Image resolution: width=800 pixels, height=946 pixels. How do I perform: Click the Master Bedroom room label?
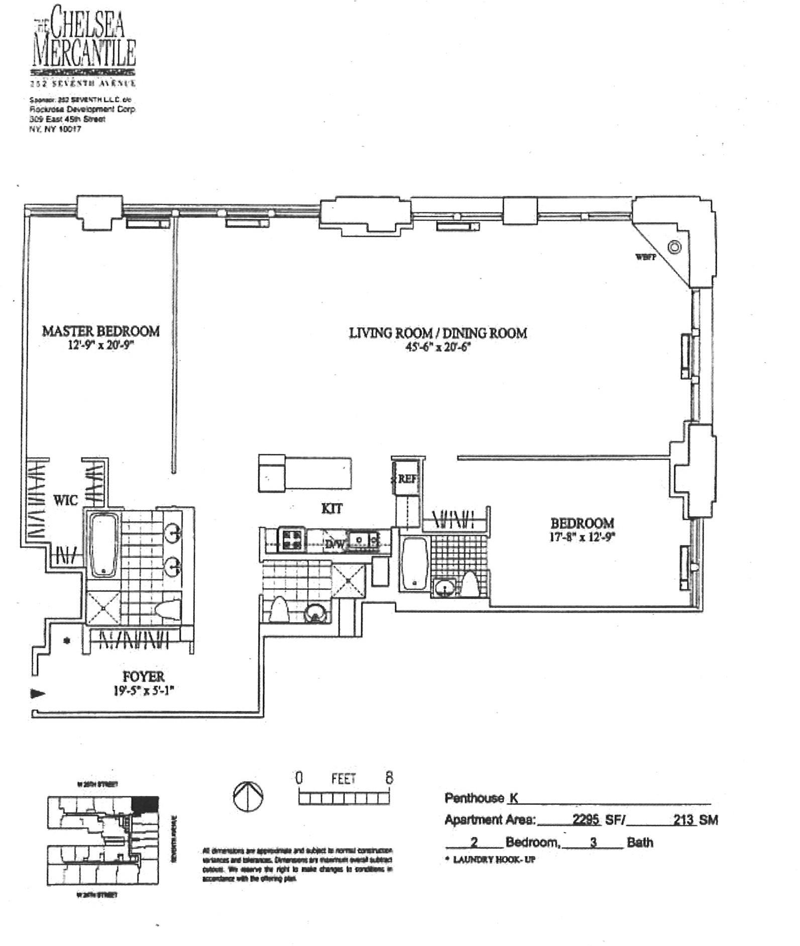pyautogui.click(x=100, y=331)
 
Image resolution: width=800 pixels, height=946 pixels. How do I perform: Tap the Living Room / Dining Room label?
pyautogui.click(x=438, y=333)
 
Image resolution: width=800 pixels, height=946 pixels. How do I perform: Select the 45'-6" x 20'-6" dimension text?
pyautogui.click(x=438, y=347)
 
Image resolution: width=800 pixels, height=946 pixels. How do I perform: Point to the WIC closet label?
pyautogui.click(x=66, y=500)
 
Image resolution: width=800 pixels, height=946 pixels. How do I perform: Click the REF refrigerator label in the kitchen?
pyautogui.click(x=407, y=479)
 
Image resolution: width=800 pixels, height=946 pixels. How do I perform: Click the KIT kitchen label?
pyautogui.click(x=332, y=509)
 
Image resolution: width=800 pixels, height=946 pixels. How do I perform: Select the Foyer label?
pyautogui.click(x=144, y=677)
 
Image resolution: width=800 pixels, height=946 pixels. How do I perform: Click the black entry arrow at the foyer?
pyautogui.click(x=38, y=694)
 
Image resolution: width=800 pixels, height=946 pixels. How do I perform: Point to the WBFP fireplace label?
pyautogui.click(x=645, y=257)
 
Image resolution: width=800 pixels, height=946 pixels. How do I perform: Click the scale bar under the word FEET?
pyautogui.click(x=344, y=798)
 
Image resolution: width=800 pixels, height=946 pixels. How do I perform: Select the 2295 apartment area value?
pyautogui.click(x=586, y=819)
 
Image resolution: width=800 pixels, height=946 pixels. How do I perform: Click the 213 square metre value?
pyautogui.click(x=684, y=819)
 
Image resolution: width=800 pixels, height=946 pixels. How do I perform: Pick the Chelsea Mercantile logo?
pyautogui.click(x=84, y=45)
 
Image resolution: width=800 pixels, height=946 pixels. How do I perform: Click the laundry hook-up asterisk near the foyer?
pyautogui.click(x=66, y=641)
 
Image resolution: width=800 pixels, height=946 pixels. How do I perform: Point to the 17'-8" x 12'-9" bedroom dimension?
pyautogui.click(x=583, y=536)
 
